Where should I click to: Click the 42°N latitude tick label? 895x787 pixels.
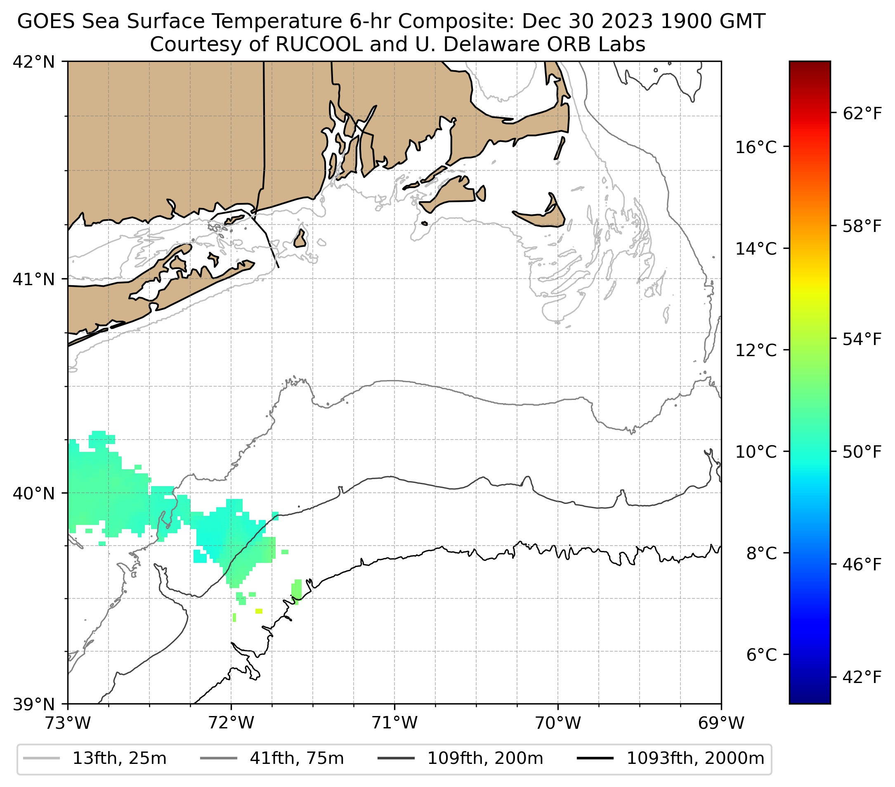click(34, 62)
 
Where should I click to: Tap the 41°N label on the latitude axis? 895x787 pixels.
click(34, 279)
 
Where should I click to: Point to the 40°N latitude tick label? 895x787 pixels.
click(34, 493)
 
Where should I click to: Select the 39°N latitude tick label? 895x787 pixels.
click(34, 704)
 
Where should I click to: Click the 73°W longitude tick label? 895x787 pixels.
click(68, 723)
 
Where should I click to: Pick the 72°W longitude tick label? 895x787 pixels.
click(231, 723)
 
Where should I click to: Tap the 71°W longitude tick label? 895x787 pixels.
click(394, 723)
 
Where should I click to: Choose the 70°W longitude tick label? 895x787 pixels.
click(558, 723)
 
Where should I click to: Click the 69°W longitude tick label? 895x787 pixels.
click(721, 723)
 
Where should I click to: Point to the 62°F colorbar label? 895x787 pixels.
click(862, 114)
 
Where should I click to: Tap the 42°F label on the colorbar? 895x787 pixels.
click(862, 678)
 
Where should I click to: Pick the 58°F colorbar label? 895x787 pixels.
click(862, 227)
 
